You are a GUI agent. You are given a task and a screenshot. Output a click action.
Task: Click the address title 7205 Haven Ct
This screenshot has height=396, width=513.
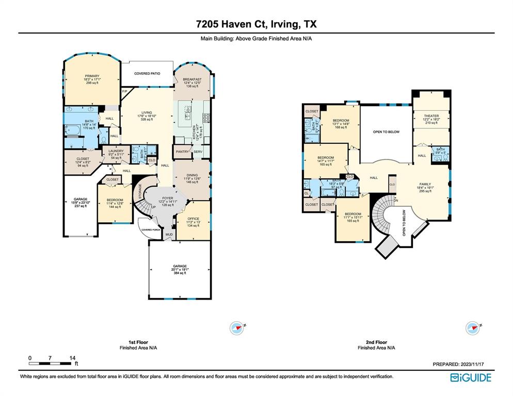pos(256,24)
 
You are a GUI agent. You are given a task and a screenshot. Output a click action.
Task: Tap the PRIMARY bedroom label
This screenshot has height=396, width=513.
pos(92,76)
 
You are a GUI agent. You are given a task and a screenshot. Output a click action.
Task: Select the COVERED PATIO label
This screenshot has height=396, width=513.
pos(147,74)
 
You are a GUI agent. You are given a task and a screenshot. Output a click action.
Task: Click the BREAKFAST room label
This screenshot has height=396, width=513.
pos(192,79)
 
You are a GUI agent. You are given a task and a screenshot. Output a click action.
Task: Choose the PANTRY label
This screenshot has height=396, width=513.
pos(182,152)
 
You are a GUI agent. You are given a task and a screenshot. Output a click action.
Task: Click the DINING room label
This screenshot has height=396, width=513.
pos(191,175)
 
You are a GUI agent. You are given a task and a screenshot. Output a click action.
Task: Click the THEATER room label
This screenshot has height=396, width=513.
pos(431,116)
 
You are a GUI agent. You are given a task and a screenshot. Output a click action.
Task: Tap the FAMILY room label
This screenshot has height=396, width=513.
pos(425,184)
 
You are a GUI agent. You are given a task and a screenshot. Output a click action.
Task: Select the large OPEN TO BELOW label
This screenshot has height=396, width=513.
pos(386,132)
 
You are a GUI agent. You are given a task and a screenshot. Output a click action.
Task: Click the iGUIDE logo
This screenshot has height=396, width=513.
pos(470,377)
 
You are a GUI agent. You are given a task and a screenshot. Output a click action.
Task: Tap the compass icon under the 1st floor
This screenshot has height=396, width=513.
pos(237,327)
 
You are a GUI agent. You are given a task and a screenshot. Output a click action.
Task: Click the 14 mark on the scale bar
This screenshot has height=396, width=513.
pos(73,358)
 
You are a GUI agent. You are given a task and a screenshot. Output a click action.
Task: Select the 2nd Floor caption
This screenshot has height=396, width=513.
pos(376,342)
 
